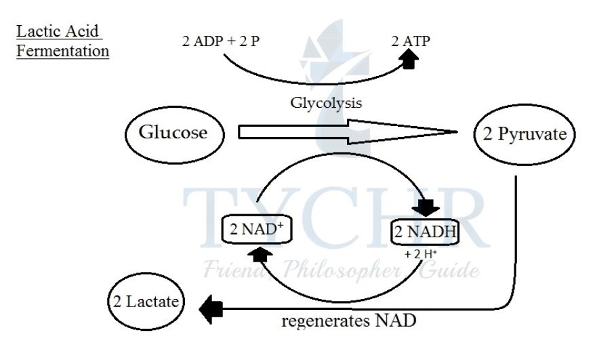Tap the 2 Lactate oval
coord(146,302)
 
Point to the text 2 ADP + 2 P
coord(221,41)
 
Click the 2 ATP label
coord(411,41)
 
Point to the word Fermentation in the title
coord(63,51)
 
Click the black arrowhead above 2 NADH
coord(427,208)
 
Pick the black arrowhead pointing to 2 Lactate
coord(211,309)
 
